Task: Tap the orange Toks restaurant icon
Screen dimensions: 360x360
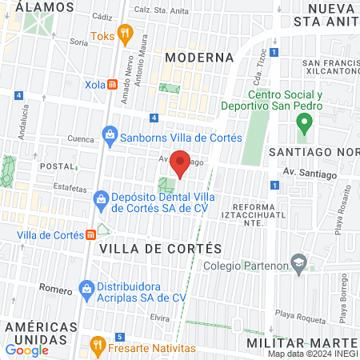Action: pos(124,34)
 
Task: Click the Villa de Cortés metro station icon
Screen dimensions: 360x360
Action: pos(92,234)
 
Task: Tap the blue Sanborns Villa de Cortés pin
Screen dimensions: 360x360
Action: pos(110,137)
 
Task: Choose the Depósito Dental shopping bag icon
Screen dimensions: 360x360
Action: pos(100,198)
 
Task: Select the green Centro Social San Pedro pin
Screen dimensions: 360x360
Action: pos(303,123)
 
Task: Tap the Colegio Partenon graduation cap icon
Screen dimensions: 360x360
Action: pos(298,262)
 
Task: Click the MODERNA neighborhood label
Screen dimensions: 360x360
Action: pos(200,58)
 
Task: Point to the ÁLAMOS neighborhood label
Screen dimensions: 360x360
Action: pos(38,6)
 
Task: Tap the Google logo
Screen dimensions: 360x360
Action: pos(26,350)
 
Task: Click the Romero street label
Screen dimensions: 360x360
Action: pos(55,289)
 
